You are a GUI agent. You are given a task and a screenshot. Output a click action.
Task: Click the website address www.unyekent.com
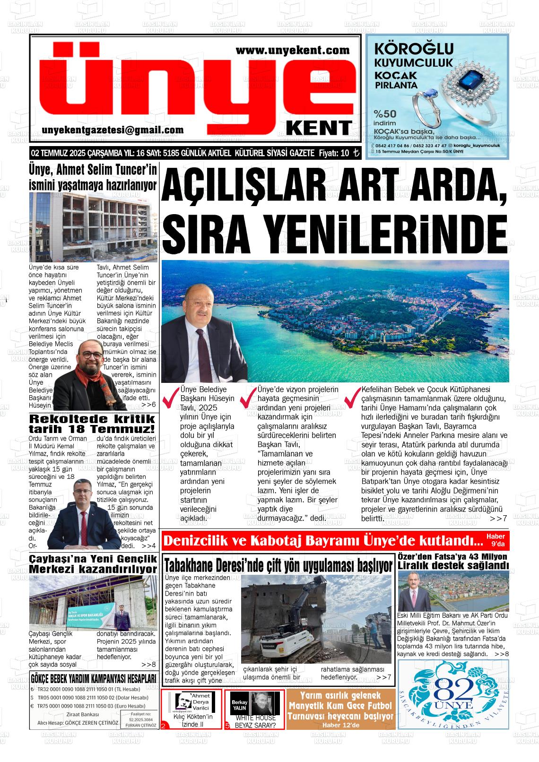[x=292, y=50]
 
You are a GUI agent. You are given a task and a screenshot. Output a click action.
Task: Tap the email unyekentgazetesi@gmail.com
[x=113, y=130]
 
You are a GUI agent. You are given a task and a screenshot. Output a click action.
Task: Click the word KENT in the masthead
[x=319, y=128]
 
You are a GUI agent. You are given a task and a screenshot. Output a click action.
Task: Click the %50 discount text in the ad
[x=384, y=114]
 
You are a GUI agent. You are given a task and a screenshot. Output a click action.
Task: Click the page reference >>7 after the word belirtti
[x=498, y=519]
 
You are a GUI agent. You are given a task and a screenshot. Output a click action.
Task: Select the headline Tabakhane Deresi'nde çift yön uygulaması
[x=278, y=565]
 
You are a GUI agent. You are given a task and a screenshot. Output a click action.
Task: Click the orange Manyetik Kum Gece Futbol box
[x=340, y=709]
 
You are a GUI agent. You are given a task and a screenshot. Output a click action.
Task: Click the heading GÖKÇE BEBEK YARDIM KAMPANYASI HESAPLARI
[x=93, y=679]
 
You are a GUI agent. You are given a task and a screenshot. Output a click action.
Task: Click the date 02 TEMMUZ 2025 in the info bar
[x=55, y=153]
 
